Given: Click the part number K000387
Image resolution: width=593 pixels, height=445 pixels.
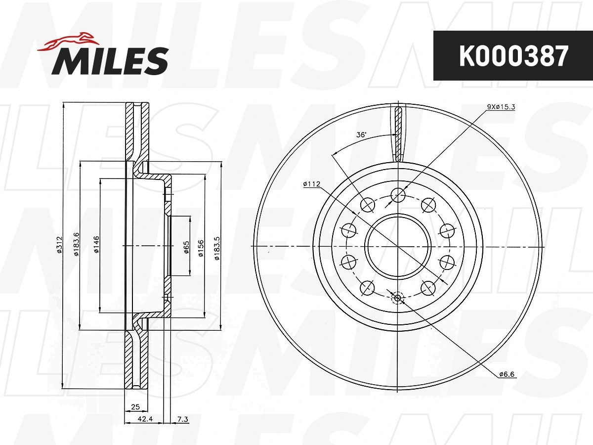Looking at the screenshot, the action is coord(513,56).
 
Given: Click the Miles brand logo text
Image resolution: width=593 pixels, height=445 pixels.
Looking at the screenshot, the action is coord(110,61).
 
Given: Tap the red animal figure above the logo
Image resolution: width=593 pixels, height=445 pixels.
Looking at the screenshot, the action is coord(68,42).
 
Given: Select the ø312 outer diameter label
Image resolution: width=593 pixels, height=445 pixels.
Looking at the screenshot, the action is coord(60,245).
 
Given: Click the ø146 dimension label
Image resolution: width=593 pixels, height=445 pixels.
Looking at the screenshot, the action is coord(96,245).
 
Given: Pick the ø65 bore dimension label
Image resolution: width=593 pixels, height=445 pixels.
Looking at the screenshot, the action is coord(186,247).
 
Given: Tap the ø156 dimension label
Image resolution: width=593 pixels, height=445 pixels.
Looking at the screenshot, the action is coord(201,248).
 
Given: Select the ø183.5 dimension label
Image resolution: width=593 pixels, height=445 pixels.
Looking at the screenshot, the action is coord(217,248).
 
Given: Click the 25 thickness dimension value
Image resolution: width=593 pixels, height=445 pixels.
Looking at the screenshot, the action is coord(135,406).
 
